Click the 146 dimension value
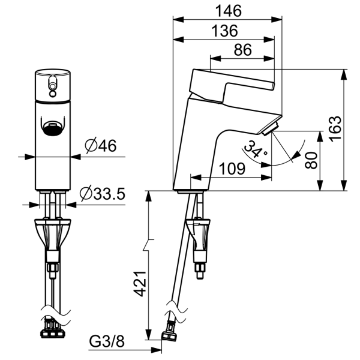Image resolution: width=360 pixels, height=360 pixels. (x=229, y=11)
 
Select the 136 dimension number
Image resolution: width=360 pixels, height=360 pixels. (x=224, y=31)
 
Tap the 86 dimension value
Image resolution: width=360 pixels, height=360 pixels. (x=242, y=50)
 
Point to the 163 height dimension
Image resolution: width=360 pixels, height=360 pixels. (x=335, y=129)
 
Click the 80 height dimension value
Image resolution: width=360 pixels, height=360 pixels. (x=311, y=160)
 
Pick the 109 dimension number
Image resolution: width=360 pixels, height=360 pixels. (x=232, y=169)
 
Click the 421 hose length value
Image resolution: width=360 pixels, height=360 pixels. (x=140, y=284)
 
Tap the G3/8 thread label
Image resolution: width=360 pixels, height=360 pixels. (x=107, y=341)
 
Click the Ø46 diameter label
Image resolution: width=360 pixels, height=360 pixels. (x=101, y=146)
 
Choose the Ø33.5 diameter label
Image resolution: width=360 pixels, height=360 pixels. (x=103, y=194)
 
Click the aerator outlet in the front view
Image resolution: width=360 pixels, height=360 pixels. (x=53, y=130)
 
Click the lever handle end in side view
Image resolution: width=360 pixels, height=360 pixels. (x=272, y=86)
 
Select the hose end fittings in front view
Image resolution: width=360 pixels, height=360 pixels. (x=53, y=329)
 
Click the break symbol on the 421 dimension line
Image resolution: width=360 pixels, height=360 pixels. (x=149, y=245)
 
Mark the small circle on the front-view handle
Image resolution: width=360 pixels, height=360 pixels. (x=53, y=94)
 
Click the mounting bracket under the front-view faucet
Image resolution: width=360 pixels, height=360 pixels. (x=53, y=234)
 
